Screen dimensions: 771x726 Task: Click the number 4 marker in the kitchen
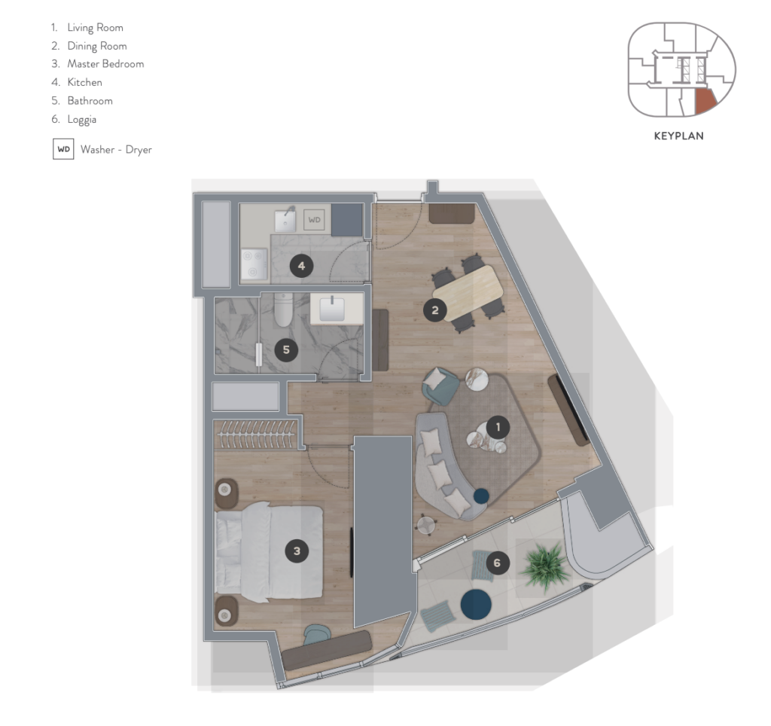click(301, 266)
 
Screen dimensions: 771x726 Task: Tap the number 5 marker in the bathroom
click(286, 349)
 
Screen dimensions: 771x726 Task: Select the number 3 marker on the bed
click(297, 551)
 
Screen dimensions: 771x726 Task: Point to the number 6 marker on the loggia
click(497, 563)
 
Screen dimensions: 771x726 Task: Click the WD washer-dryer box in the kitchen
click(314, 220)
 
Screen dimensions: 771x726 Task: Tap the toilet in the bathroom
click(283, 309)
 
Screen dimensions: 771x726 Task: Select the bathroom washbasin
click(332, 308)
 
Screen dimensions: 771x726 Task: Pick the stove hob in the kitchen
click(254, 264)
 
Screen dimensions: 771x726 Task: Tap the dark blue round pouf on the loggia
click(476, 604)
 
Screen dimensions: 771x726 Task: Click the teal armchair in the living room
click(440, 386)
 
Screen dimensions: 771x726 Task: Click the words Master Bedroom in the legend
click(105, 64)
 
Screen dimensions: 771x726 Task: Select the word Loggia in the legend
click(81, 120)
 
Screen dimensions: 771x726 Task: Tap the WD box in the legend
click(63, 150)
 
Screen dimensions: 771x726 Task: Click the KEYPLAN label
click(678, 136)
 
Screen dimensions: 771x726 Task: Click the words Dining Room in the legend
click(97, 46)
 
